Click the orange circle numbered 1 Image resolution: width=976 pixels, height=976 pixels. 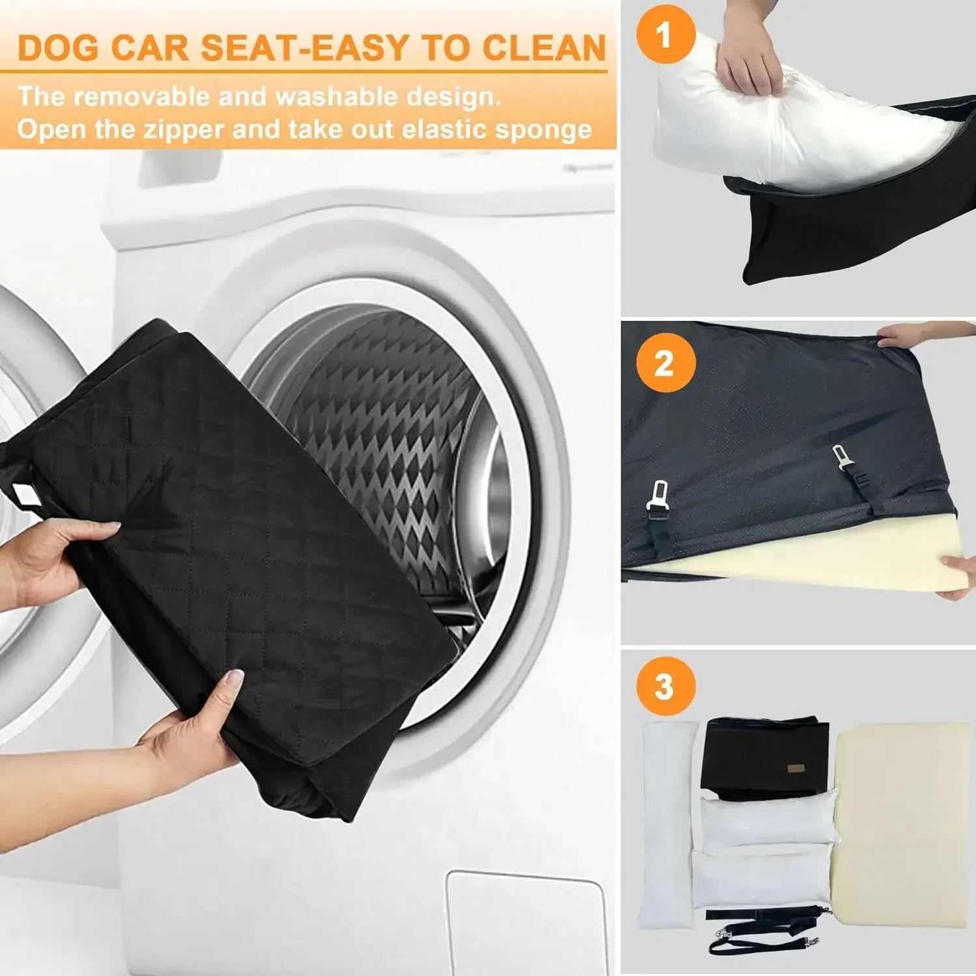coord(664,34)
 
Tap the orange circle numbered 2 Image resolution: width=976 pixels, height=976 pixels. coord(664,362)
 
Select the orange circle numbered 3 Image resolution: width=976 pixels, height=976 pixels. coord(664,686)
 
